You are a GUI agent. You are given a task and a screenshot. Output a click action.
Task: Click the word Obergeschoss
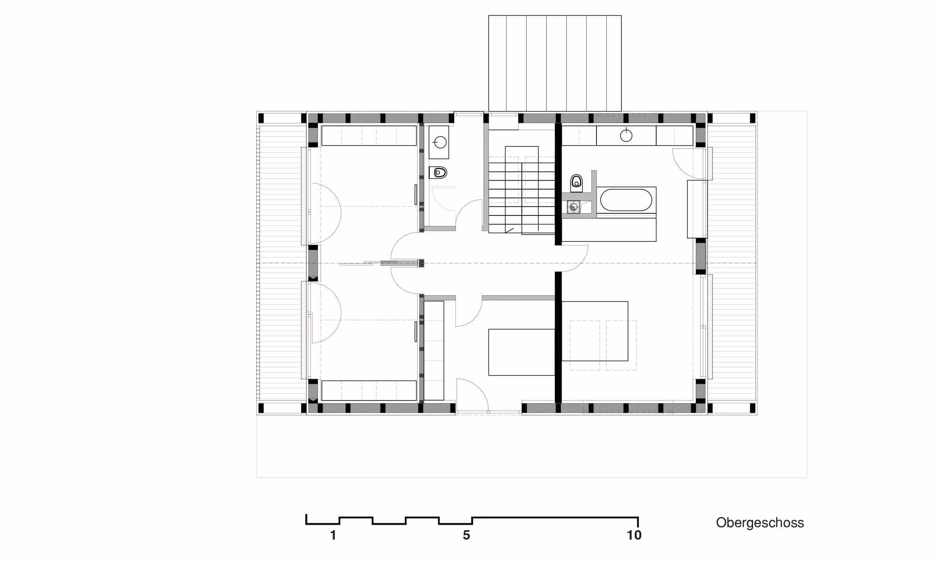coord(760,523)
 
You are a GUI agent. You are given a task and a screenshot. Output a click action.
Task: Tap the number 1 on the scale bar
coord(333,535)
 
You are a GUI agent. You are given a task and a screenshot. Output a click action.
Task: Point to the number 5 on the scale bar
coord(466,535)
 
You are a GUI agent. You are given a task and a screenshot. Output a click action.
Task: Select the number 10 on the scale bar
coord(634,535)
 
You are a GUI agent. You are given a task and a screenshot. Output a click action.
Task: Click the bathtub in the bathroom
coord(626,200)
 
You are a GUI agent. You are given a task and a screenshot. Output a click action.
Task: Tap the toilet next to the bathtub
coord(576,183)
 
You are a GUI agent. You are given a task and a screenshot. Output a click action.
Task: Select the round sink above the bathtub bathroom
coord(626,135)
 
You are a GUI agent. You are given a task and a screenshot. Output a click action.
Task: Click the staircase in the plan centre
coord(522,190)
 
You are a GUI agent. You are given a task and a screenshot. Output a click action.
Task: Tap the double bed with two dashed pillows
coord(595,331)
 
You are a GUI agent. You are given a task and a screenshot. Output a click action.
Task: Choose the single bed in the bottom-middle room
coord(522,352)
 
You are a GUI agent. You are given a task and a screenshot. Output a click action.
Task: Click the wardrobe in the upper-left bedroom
coord(369,136)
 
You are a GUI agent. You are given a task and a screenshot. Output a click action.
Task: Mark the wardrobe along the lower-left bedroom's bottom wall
coord(369,391)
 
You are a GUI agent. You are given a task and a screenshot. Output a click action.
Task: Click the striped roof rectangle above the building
coord(555,63)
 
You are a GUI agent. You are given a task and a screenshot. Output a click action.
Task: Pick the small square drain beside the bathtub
coord(573,207)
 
